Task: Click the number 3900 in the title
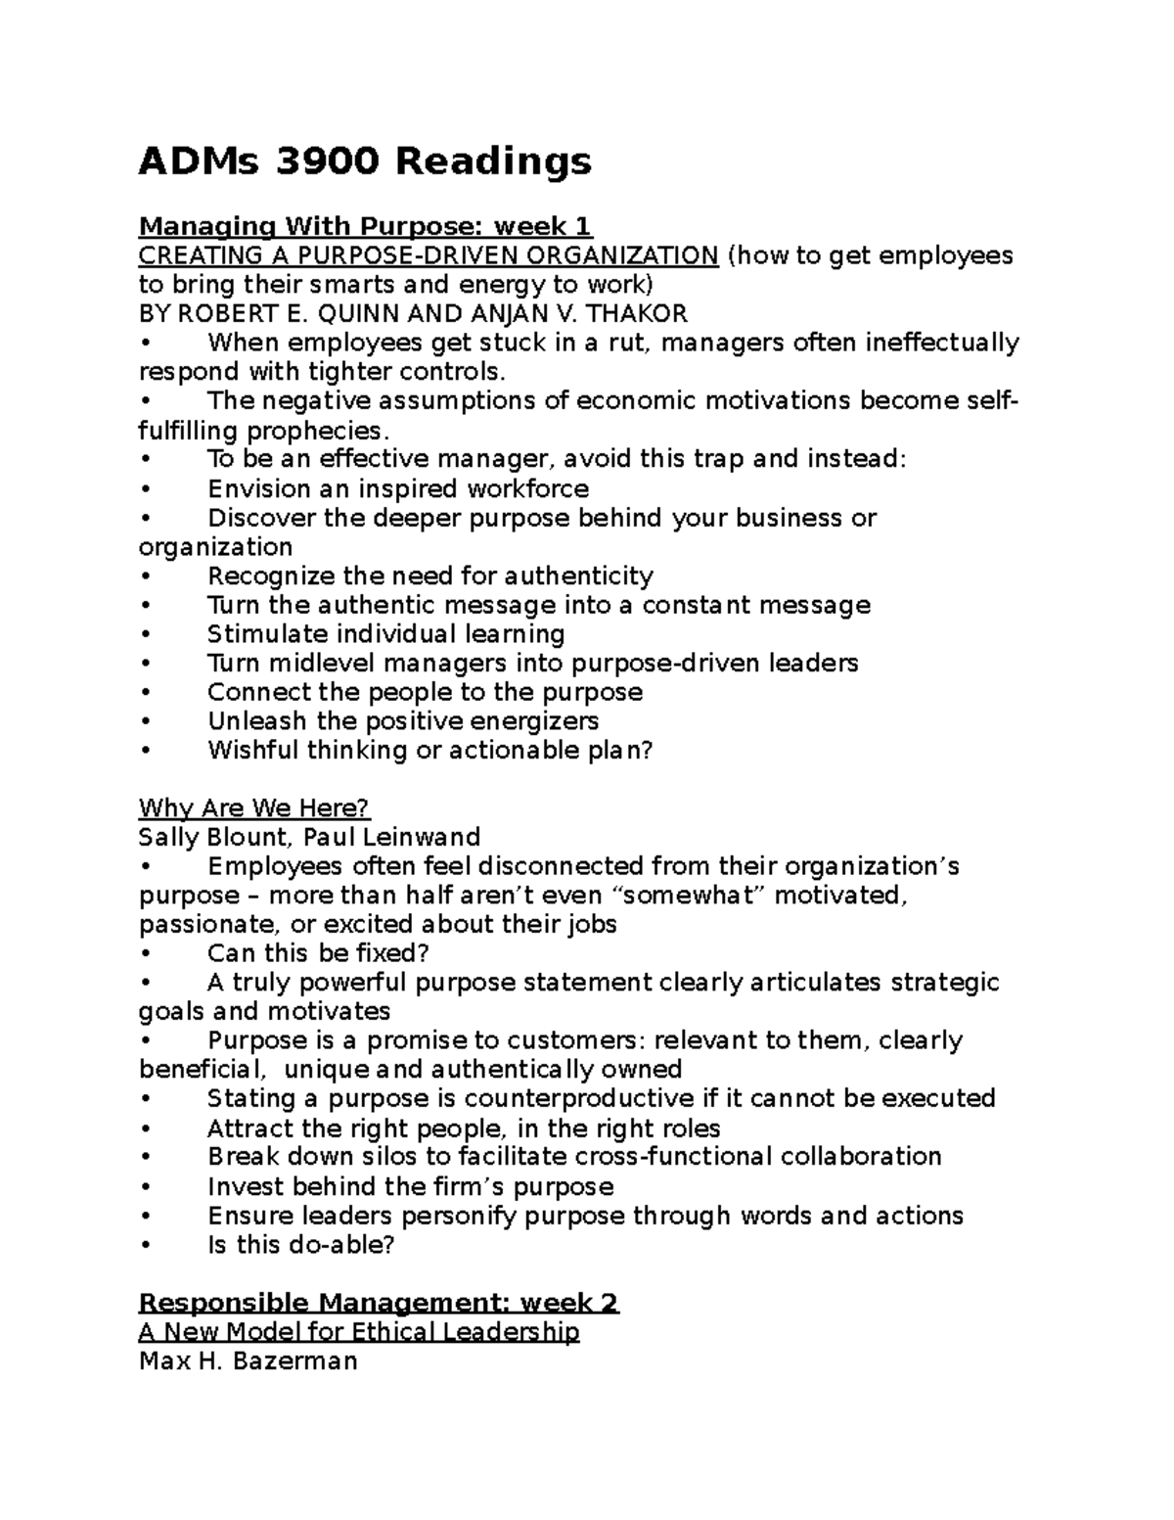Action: pos(326,161)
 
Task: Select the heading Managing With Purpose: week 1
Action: pos(365,227)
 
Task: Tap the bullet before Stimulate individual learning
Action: pos(145,634)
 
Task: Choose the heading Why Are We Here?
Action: pos(254,808)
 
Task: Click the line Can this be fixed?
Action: pos(318,953)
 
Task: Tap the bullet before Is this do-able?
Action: pos(145,1245)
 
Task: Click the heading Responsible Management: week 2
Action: pos(379,1303)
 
